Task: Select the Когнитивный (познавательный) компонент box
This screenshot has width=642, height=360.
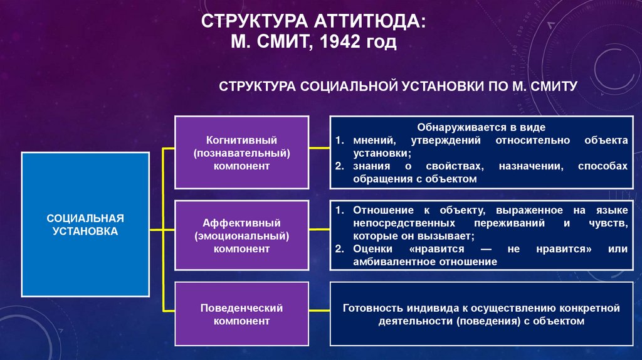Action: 241,152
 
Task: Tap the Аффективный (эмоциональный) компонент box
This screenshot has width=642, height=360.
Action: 241,236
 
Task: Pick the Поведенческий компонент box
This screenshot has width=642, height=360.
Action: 241,314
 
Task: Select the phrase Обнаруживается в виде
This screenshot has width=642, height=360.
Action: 479,127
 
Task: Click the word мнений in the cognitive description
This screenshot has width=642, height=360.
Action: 371,140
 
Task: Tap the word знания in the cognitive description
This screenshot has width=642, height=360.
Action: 369,166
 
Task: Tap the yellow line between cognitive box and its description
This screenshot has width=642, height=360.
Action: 320,148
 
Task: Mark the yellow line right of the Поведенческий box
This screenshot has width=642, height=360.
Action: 320,311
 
